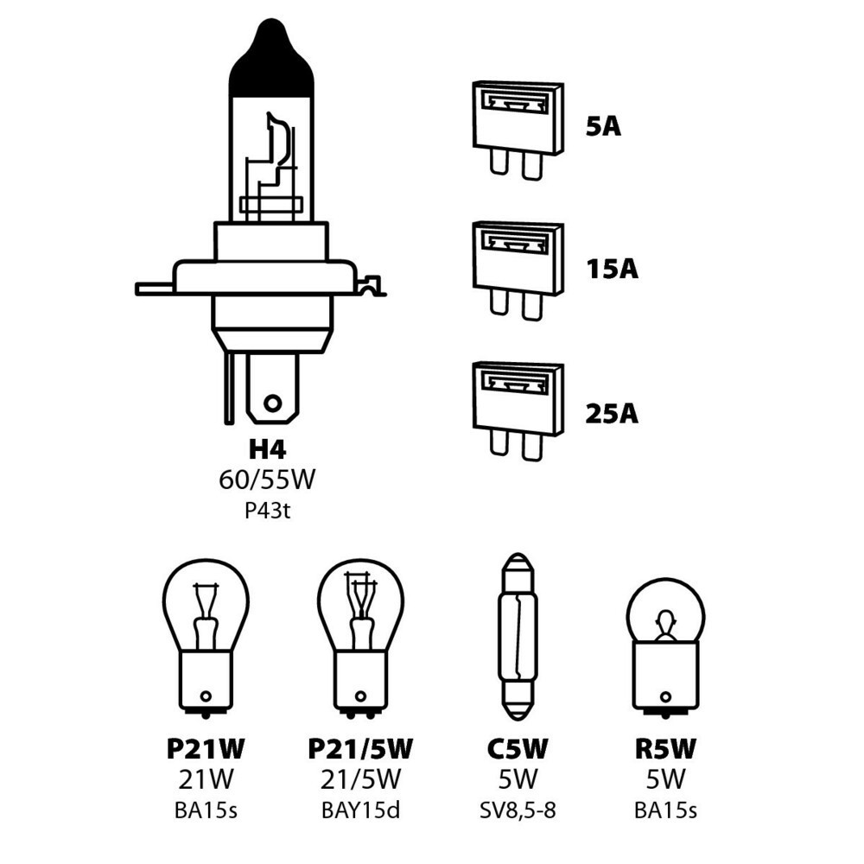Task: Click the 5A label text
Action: (603, 127)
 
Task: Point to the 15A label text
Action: (611, 270)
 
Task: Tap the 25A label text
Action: (611, 414)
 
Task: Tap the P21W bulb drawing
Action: (206, 635)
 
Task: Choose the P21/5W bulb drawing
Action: (360, 635)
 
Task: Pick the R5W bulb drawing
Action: (664, 644)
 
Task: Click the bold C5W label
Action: (518, 749)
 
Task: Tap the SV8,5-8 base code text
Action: (518, 810)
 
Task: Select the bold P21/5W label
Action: (360, 749)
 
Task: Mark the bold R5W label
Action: (664, 749)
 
